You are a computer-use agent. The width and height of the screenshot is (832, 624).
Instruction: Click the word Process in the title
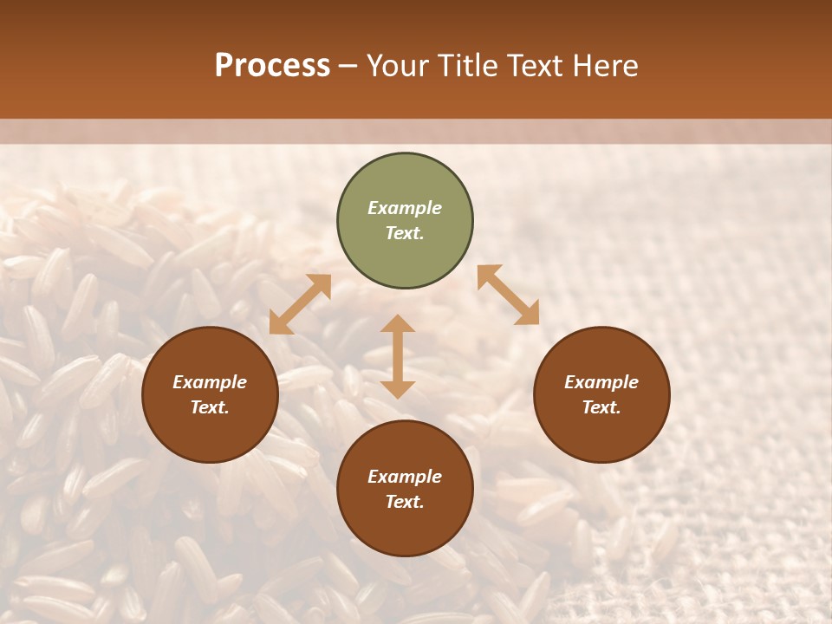coord(272,66)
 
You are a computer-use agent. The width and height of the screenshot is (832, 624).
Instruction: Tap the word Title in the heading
coord(470,66)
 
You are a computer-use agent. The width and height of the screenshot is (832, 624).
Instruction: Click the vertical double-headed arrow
coord(398,356)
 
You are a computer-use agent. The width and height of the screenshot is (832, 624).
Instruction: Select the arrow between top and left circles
coord(300,304)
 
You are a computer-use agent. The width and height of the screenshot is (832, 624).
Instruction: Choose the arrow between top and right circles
coord(508,296)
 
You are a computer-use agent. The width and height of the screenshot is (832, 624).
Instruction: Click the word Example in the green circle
coord(405,208)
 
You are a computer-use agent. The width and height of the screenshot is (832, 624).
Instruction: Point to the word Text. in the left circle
coord(210,407)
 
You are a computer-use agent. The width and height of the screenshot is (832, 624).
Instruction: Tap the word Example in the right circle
coord(601,382)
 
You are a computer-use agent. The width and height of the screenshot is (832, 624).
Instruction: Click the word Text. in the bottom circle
coord(405,502)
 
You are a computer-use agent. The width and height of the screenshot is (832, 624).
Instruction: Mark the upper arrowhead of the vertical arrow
coord(398,323)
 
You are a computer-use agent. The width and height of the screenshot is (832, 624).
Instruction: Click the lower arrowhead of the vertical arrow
coord(398,389)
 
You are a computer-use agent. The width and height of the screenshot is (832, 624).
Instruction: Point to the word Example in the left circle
coord(210,382)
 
